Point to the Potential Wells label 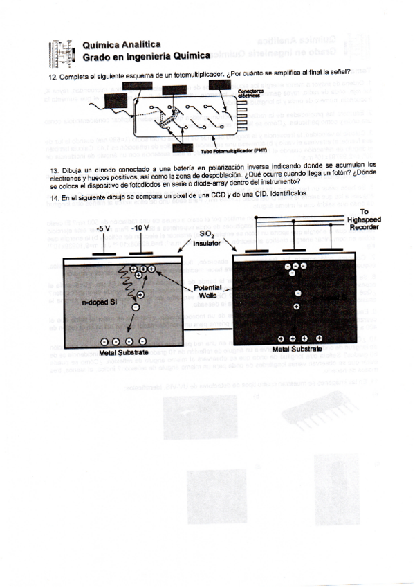[207, 291]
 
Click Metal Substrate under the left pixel [124, 352]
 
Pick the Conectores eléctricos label [250, 93]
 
